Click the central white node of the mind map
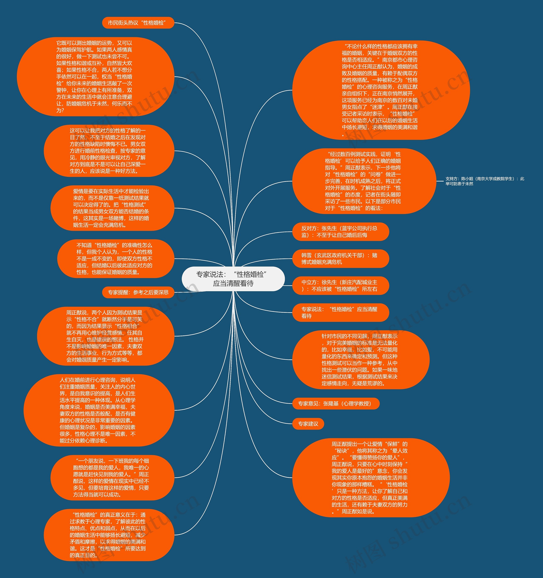tap(233, 278)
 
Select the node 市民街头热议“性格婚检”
tap(138, 23)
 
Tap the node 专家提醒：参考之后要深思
tap(138, 292)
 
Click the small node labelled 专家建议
tap(308, 424)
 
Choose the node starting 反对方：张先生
tap(340, 232)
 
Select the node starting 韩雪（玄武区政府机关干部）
tap(340, 259)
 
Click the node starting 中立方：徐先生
tap(340, 285)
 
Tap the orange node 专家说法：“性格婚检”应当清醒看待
tap(340, 312)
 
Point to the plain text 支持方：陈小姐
tap(484, 181)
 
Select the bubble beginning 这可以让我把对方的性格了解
tap(109, 151)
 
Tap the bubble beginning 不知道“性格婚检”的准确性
tap(116, 259)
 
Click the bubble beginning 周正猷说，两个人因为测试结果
tap(105, 336)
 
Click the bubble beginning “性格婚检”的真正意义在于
tap(109, 535)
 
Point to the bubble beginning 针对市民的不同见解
tap(360, 360)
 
